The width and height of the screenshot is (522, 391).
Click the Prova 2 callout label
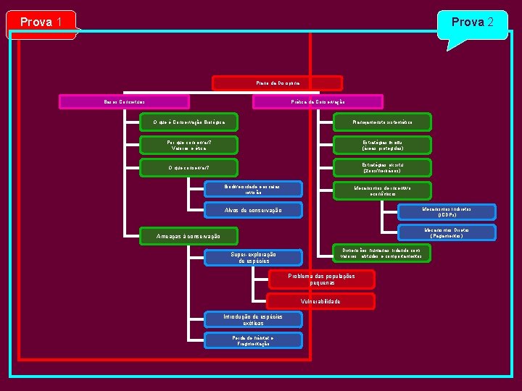(x=473, y=22)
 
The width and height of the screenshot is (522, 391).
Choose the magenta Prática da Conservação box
(x=308, y=101)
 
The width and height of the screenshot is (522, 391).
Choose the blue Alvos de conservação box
(x=253, y=210)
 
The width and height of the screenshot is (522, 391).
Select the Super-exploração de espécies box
(x=253, y=257)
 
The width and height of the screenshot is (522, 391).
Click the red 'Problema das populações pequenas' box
(x=321, y=279)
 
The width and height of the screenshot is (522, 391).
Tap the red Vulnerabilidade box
(x=321, y=301)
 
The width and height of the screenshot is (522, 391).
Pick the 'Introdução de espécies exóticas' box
(x=243, y=319)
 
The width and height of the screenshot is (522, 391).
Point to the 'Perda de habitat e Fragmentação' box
(x=243, y=340)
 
